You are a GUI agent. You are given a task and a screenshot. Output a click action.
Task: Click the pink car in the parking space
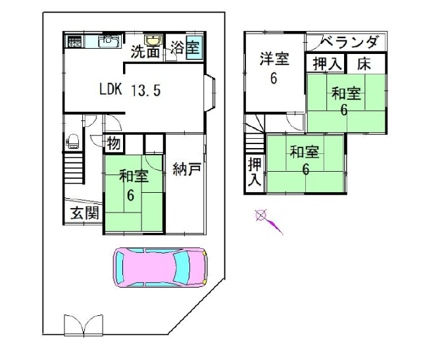tap(161, 267)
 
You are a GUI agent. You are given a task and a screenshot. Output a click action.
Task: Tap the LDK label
tap(111, 89)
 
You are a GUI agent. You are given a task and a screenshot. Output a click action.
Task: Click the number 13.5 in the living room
tap(146, 90)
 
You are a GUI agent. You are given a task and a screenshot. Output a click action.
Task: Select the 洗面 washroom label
tap(145, 52)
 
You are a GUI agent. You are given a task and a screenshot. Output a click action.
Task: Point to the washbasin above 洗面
tap(153, 39)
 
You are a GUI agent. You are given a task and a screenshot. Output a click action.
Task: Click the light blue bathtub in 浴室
tap(193, 48)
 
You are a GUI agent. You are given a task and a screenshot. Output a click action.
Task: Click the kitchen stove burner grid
tap(74, 41)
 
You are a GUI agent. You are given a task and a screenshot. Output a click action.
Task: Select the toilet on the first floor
tap(72, 141)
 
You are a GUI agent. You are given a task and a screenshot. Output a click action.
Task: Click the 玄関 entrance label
tap(85, 213)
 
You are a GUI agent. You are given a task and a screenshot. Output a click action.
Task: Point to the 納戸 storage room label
tap(187, 169)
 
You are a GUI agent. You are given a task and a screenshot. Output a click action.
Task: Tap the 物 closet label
tap(114, 143)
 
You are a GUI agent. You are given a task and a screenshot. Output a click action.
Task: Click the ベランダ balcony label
tap(349, 42)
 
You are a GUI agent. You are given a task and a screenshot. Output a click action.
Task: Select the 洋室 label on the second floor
tap(274, 59)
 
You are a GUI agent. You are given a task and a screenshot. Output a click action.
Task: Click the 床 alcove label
tap(364, 64)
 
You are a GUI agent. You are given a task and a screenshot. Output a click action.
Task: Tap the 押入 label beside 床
tap(327, 64)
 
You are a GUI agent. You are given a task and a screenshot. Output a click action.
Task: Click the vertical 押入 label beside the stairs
tap(255, 172)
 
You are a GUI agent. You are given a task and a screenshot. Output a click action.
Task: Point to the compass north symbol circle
tap(260, 215)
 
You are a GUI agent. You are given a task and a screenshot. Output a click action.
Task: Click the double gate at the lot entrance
tap(84, 325)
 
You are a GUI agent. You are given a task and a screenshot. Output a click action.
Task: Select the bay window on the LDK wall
tap(210, 93)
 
